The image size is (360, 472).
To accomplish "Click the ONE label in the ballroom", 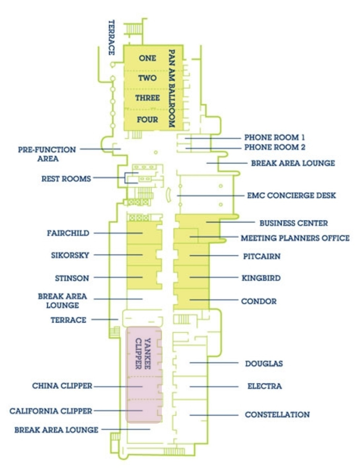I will click(x=147, y=58).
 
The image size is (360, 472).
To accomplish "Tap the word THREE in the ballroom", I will click(x=147, y=98).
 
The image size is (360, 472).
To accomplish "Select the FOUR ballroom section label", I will click(x=147, y=120).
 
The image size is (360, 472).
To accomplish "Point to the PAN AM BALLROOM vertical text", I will click(x=171, y=89).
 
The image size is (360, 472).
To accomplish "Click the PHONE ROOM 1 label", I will click(x=274, y=137).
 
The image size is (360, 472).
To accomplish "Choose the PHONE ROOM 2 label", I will click(x=275, y=147).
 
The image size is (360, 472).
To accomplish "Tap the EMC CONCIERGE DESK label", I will click(x=291, y=195).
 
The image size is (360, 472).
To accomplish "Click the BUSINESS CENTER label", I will click(x=294, y=223).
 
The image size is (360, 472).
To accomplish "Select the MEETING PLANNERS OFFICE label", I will click(x=295, y=238).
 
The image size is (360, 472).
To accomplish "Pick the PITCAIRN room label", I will click(x=262, y=256).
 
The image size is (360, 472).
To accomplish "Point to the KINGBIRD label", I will click(x=261, y=278).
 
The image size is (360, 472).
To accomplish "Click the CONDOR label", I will click(x=259, y=301).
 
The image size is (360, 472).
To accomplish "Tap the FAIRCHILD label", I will click(x=68, y=233).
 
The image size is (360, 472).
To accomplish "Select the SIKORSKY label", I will click(x=70, y=255).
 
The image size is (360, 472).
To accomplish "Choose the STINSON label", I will click(x=72, y=278).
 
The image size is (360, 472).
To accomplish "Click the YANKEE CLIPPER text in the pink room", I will click(x=143, y=353).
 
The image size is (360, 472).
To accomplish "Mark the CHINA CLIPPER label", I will click(x=62, y=386).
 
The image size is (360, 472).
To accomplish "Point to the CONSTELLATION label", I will click(x=277, y=414).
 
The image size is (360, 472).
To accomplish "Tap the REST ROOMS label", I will click(x=66, y=179).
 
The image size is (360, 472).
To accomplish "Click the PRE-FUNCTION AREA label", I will click(x=47, y=154).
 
